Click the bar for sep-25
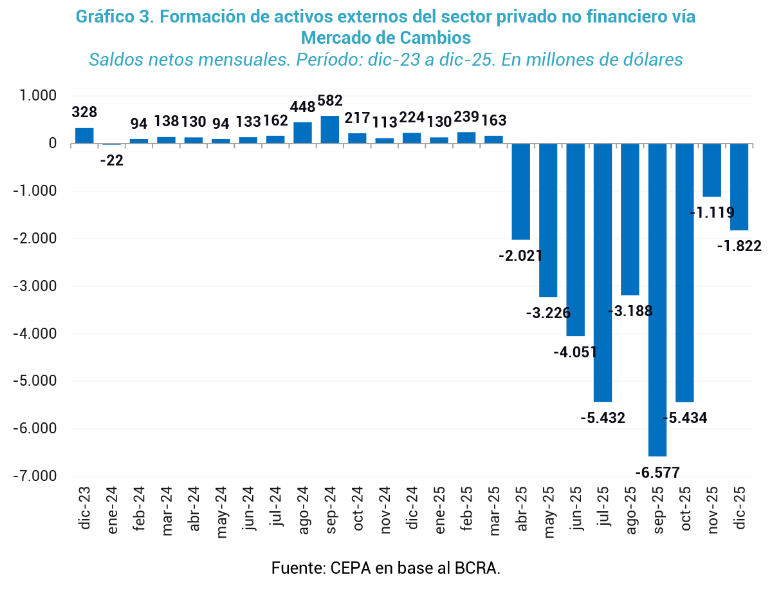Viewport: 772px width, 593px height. [657, 299]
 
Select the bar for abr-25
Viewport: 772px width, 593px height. [520, 191]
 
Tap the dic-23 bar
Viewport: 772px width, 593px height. [84, 135]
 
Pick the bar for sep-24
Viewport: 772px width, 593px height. [330, 129]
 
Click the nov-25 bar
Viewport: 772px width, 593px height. [712, 170]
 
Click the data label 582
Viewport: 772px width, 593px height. [330, 101]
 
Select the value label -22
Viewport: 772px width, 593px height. [111, 160]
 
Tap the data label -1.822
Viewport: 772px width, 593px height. [740, 245]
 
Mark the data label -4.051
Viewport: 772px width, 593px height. [575, 352]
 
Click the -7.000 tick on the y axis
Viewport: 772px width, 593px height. [35, 476]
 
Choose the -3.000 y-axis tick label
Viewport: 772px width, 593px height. [35, 286]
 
